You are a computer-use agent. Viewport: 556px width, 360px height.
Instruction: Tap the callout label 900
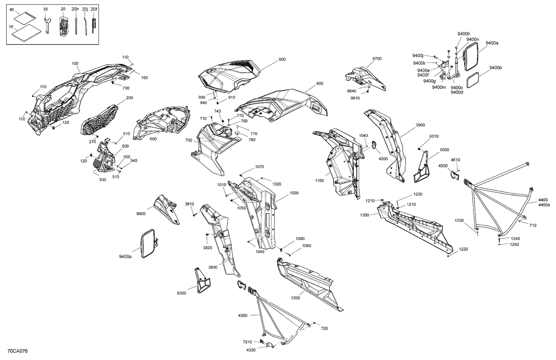coord(282,59)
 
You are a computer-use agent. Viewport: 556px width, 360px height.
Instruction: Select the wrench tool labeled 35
coord(47,26)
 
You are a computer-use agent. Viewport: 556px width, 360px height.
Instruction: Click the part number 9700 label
coord(377,59)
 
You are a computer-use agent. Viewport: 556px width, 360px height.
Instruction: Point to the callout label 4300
coord(243,316)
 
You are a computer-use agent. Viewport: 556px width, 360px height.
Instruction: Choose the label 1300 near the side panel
coord(364,215)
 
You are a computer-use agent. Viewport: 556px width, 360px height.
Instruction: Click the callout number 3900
coord(420,125)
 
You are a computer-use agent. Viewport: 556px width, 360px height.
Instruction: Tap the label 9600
coord(141,214)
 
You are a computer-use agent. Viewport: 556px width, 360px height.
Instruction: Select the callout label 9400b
coord(495,68)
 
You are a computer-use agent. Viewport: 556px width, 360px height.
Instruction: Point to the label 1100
coord(319,181)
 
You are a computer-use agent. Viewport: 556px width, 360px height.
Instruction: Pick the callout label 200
coord(130,98)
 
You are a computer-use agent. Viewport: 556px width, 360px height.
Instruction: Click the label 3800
coord(213,267)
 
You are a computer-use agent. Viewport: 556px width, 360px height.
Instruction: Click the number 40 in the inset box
coord(12,9)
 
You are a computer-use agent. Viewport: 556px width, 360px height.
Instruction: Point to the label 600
coord(153,139)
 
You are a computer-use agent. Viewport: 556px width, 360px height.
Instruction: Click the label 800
coord(320,84)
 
